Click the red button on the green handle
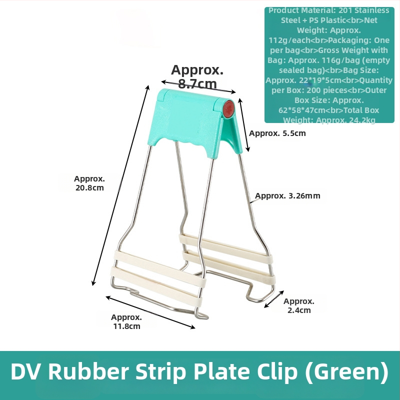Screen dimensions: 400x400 tap(228, 109)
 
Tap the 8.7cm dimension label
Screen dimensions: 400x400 tap(197, 76)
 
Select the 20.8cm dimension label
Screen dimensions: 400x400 tap(89, 183)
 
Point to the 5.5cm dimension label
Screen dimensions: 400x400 tap(277, 133)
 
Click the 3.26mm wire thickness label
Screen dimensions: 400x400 tap(287, 195)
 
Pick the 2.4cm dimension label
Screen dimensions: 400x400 tap(299, 305)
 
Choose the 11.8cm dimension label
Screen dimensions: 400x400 tap(126, 321)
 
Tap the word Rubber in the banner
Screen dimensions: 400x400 tap(88, 371)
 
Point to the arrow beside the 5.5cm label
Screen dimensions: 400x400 tap(244, 125)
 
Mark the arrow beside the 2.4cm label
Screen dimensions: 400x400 tap(274, 299)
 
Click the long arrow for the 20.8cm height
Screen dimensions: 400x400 tap(120, 185)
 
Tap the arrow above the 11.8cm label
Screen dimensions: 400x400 tap(150, 312)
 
